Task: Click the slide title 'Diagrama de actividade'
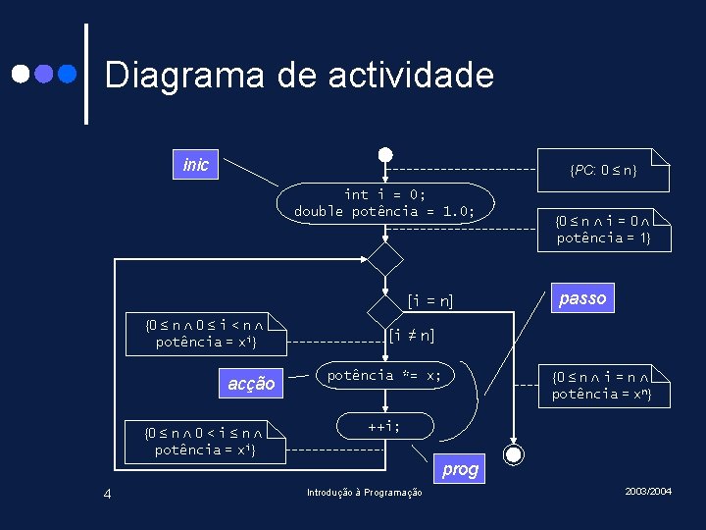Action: (x=299, y=75)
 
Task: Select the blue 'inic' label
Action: (x=196, y=165)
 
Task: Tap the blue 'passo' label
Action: (x=582, y=298)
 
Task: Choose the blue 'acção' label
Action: (x=251, y=384)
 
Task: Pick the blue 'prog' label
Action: (x=460, y=469)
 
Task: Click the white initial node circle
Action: (x=386, y=155)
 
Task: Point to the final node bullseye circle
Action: (x=512, y=453)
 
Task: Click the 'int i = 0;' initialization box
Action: (x=384, y=203)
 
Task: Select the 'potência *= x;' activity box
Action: (x=384, y=376)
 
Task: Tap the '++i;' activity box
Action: (x=383, y=427)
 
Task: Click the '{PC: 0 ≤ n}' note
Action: (x=604, y=170)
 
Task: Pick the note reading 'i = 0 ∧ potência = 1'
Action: (x=604, y=230)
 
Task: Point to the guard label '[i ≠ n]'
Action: (x=412, y=335)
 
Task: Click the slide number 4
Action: (x=108, y=494)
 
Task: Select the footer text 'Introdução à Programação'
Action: (x=365, y=493)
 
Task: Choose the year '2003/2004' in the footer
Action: (x=648, y=490)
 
